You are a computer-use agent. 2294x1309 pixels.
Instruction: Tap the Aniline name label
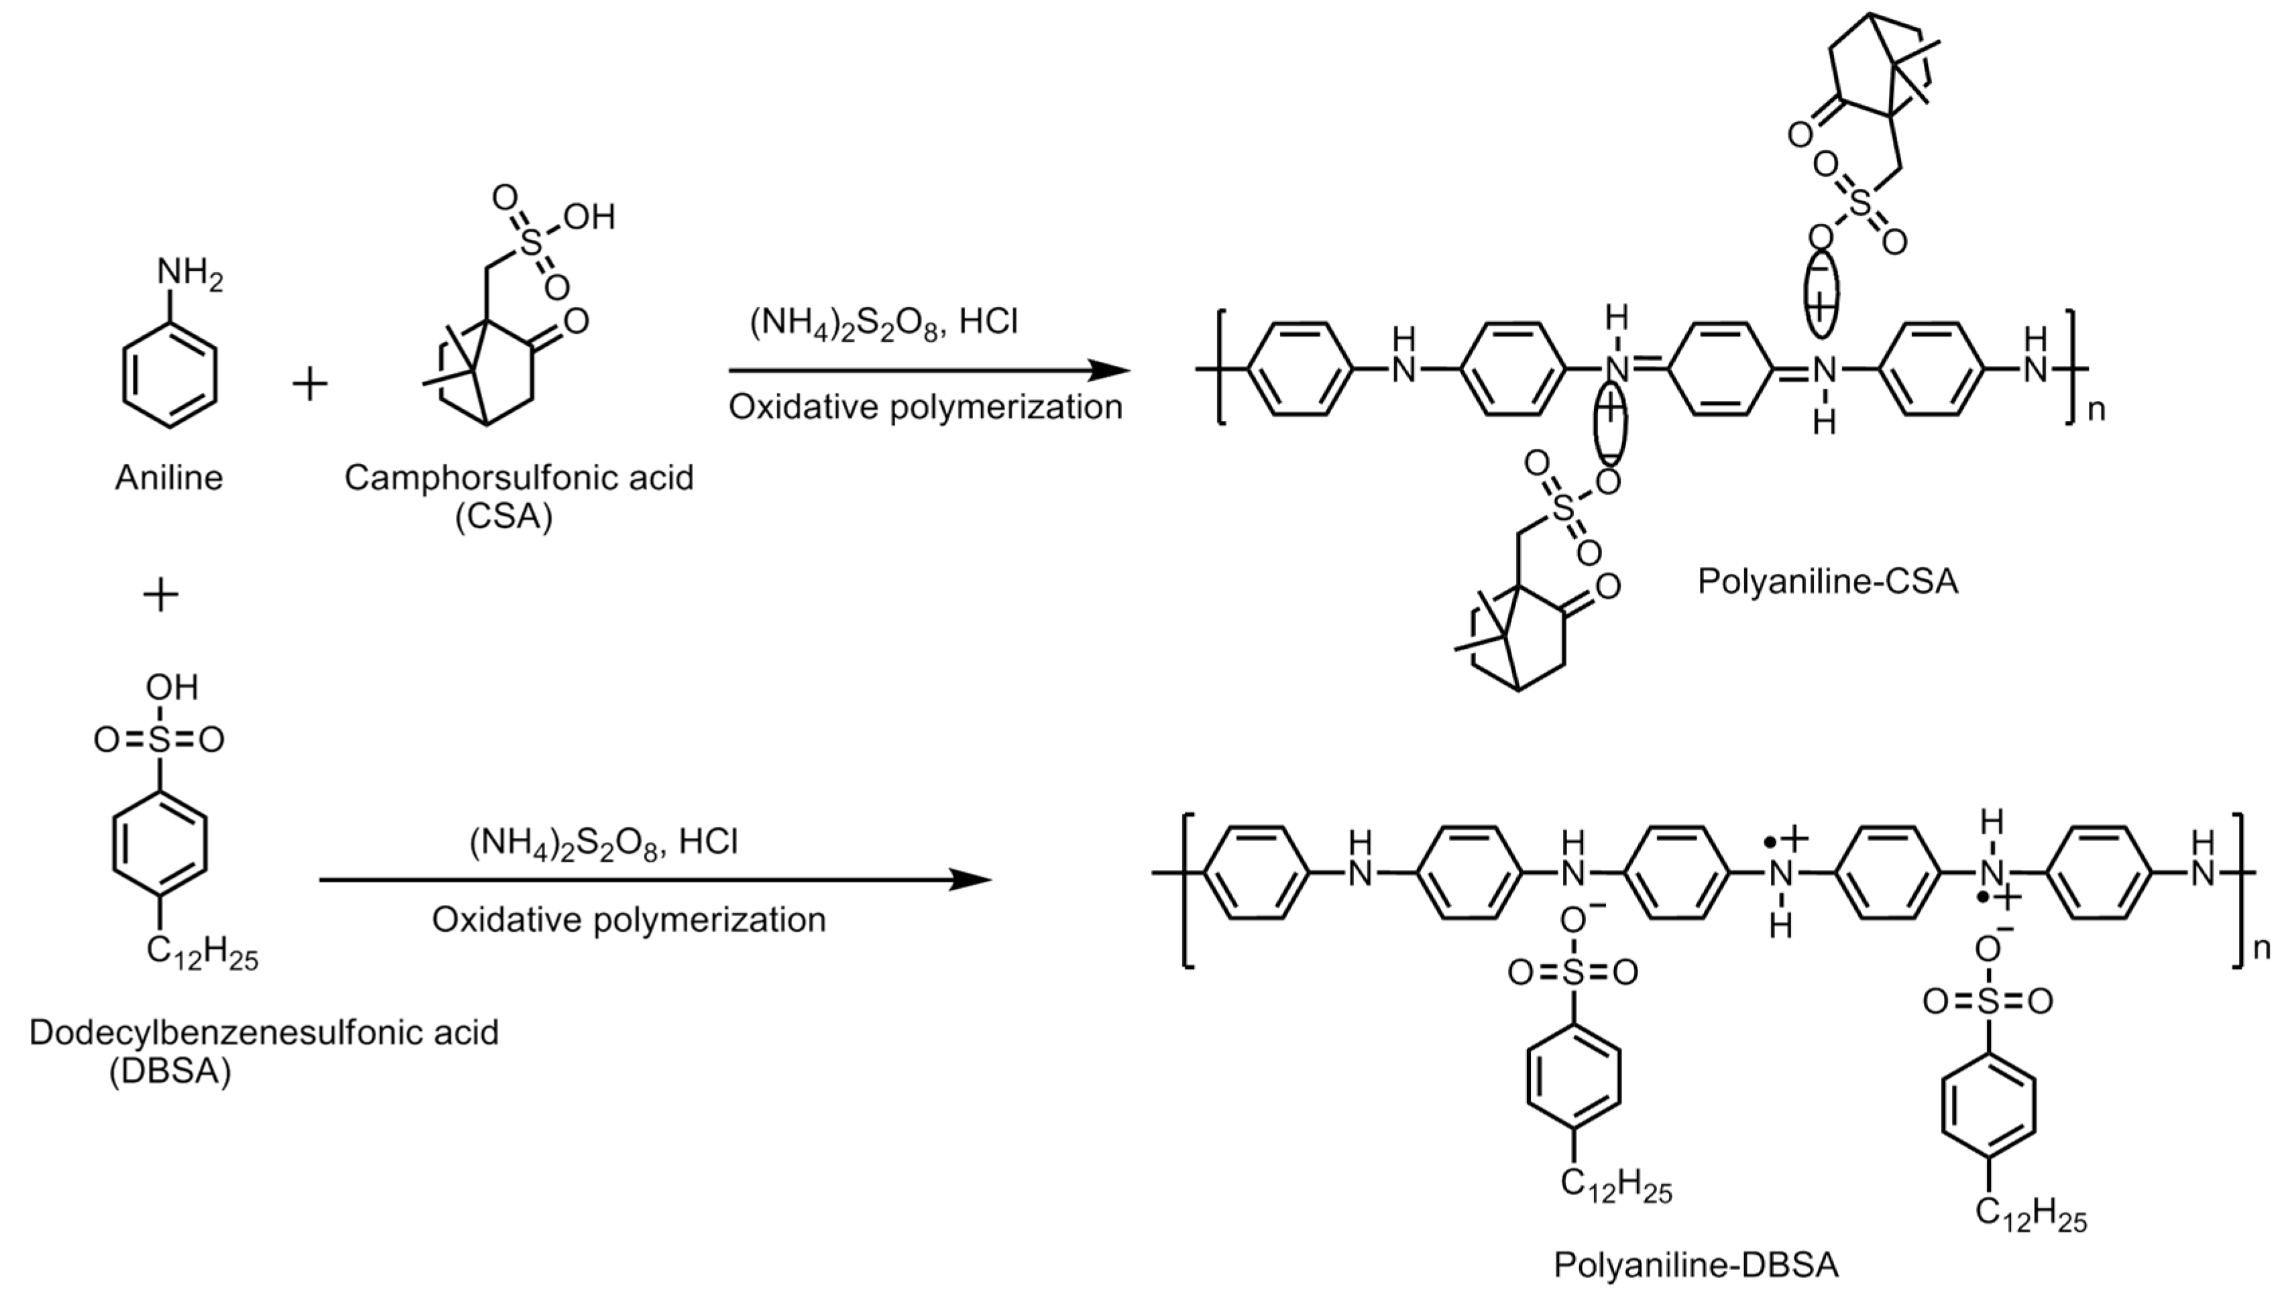[168, 477]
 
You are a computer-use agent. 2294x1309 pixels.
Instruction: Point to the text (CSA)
[504, 518]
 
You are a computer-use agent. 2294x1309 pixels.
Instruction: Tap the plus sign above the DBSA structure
[161, 595]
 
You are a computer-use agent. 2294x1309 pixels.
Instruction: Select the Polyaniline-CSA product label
[1827, 582]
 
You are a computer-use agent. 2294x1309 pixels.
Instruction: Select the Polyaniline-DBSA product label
[1696, 1265]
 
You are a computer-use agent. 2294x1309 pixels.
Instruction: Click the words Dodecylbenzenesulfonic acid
[264, 1032]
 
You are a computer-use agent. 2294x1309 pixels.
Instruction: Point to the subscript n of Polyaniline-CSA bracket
[2096, 411]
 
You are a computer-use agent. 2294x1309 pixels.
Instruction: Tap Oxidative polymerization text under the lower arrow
[628, 920]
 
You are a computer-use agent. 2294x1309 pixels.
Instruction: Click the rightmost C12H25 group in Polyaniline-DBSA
[2030, 1216]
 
